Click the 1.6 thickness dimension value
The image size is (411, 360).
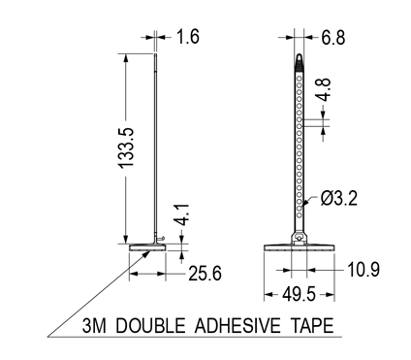click(187, 37)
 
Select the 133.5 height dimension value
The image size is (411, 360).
click(126, 147)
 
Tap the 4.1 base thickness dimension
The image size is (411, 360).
click(181, 214)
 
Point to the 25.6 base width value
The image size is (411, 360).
click(205, 273)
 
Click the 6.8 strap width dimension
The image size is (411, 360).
click(333, 37)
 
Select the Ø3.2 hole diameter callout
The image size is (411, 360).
click(339, 198)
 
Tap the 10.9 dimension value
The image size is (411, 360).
click(364, 270)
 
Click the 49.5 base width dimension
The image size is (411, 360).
click(299, 295)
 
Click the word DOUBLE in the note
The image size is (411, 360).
click(150, 326)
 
